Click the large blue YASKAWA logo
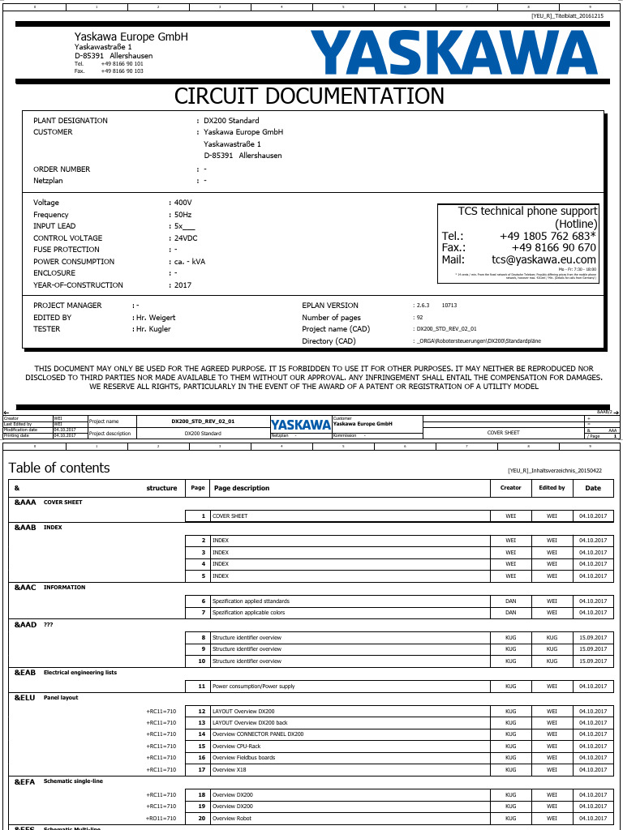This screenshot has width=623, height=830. (454, 53)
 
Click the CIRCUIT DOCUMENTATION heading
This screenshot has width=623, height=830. (310, 96)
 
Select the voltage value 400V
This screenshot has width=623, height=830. (183, 203)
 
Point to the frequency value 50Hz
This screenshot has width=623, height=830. (183, 215)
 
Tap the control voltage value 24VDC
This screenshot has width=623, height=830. (186, 238)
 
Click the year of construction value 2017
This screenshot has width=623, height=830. (183, 285)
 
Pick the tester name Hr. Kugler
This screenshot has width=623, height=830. (153, 329)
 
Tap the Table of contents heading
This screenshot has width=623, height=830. (59, 468)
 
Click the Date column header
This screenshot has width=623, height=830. (593, 488)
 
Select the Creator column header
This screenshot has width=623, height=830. (510, 488)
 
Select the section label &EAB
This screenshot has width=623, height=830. (25, 673)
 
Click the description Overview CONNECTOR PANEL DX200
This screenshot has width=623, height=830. (257, 734)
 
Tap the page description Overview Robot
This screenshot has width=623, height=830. (232, 819)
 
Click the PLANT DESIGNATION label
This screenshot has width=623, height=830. (71, 121)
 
